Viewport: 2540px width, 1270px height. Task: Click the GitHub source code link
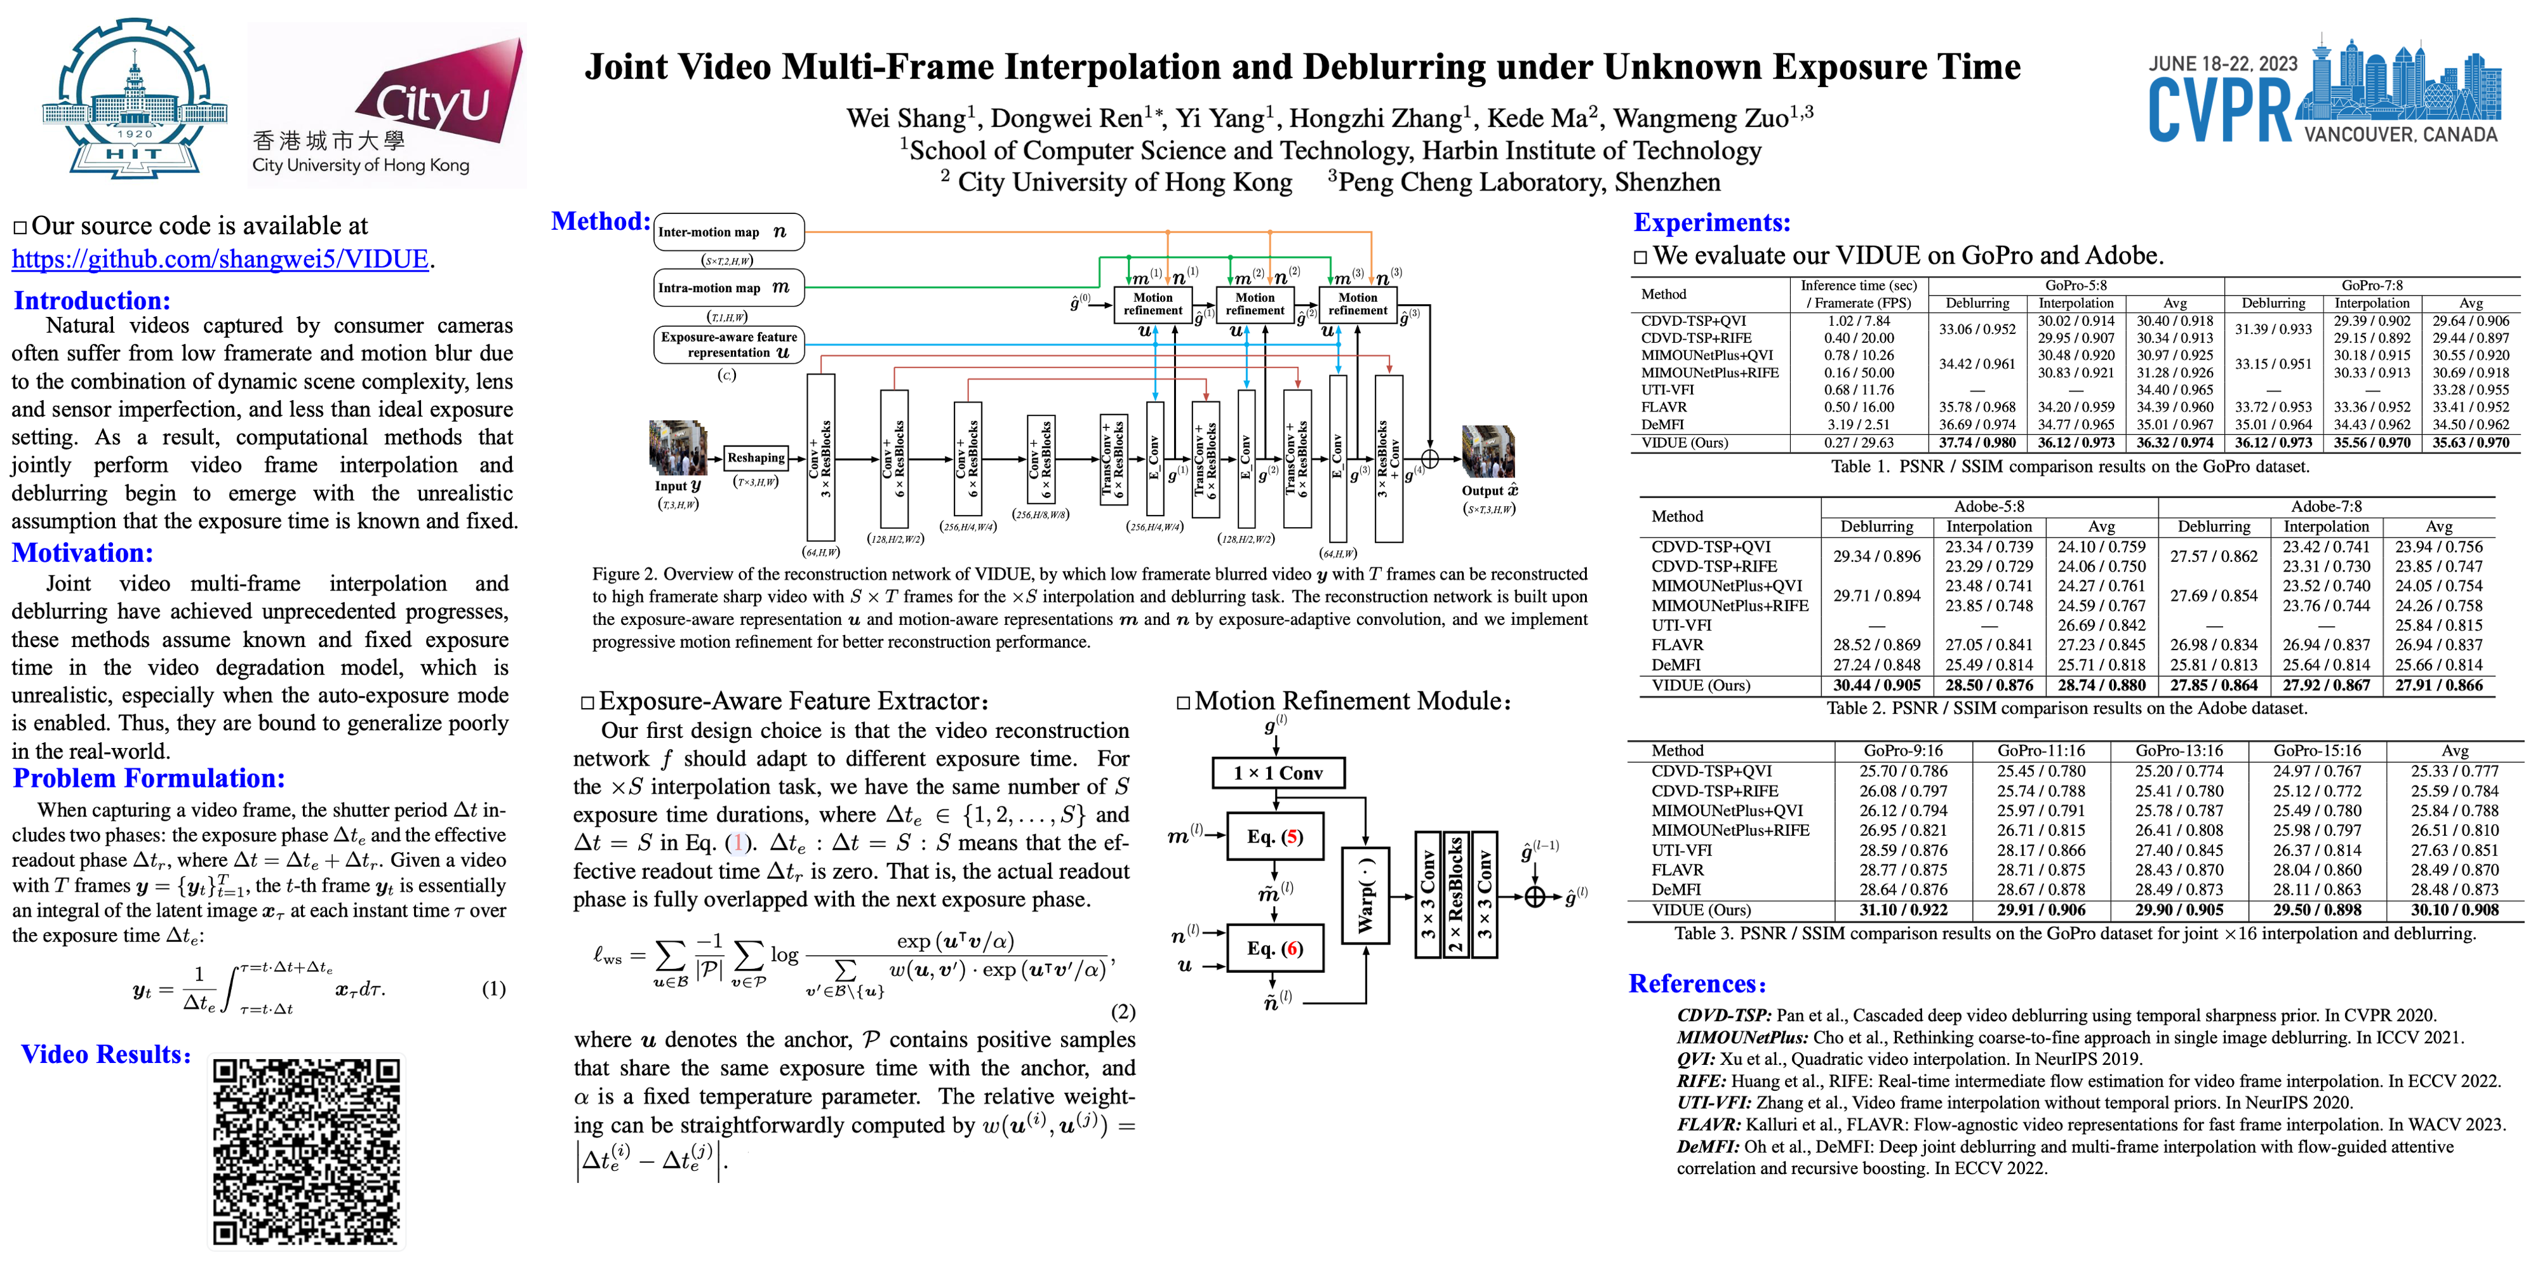(x=221, y=259)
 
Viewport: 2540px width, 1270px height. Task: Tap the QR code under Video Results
(x=307, y=1152)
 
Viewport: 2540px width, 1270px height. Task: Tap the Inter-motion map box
(x=728, y=232)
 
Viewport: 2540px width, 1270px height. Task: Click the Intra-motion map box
(x=728, y=288)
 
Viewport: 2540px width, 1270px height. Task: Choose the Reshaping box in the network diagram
(x=756, y=457)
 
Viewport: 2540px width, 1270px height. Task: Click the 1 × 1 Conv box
(x=1277, y=773)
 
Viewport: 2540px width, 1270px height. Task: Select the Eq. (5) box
(x=1275, y=837)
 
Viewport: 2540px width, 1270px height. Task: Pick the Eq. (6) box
(x=1275, y=949)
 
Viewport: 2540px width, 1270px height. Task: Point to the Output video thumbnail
(x=1487, y=451)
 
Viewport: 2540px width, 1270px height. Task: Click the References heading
(x=1696, y=984)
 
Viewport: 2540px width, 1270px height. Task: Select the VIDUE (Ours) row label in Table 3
(x=1701, y=910)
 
